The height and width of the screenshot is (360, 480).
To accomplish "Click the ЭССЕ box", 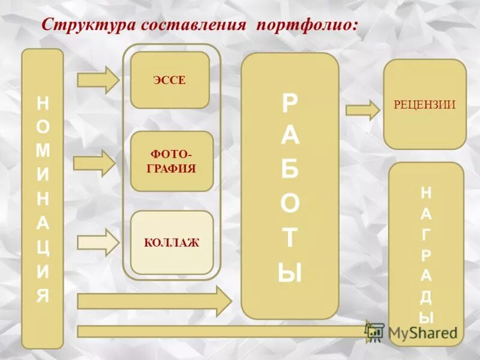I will [x=170, y=80].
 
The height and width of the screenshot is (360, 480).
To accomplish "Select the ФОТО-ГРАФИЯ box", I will [x=172, y=161].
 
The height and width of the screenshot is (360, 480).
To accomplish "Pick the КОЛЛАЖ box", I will [x=172, y=242].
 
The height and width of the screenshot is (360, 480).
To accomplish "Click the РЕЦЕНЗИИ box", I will [x=425, y=104].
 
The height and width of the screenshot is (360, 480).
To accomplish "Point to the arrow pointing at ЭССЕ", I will [x=99, y=79].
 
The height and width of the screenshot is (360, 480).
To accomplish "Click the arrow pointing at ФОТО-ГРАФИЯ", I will [x=95, y=163].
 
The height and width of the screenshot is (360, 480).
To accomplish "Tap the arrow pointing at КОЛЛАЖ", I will [x=99, y=242].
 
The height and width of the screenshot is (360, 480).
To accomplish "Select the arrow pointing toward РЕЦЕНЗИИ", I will [x=362, y=110].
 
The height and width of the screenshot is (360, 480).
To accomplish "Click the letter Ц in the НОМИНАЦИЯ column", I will [x=43, y=248].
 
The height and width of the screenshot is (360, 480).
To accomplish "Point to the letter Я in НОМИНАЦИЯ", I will [x=43, y=296].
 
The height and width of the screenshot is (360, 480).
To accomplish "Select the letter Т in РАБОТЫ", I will [x=290, y=238].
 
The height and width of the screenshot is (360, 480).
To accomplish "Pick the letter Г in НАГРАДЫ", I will [x=426, y=235].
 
